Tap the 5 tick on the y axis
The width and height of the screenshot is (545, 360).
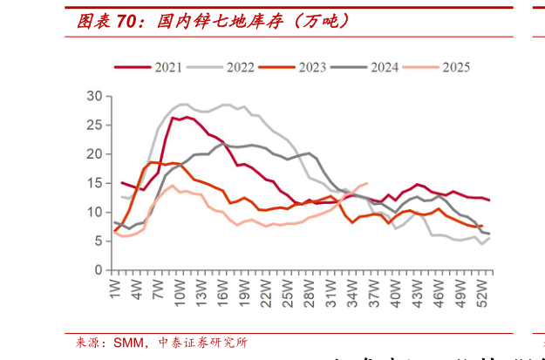click(x=99, y=241)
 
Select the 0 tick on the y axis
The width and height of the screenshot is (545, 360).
click(x=99, y=270)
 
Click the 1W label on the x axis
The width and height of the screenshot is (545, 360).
click(x=114, y=289)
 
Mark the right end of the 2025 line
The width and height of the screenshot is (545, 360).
click(x=366, y=183)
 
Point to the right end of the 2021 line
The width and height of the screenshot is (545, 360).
click(x=489, y=200)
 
